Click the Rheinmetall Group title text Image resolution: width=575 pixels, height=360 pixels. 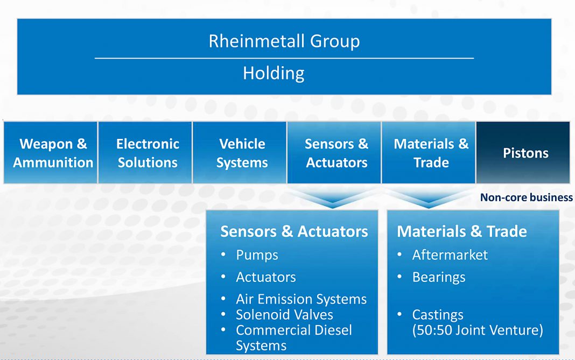(284, 41)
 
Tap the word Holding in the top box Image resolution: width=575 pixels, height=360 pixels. (274, 73)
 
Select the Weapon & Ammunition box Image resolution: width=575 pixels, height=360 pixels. (51, 152)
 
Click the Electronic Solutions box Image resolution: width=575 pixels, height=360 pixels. (145, 152)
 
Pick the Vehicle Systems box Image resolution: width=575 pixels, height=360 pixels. (240, 152)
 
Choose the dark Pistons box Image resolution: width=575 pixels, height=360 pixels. (523, 152)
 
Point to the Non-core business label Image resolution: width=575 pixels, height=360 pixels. (526, 197)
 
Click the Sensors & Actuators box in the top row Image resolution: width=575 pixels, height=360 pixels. (334, 152)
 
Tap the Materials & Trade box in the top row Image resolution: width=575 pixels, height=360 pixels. (429, 152)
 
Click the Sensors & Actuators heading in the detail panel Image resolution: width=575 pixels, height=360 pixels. (294, 231)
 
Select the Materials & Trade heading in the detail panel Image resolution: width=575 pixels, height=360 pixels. (462, 231)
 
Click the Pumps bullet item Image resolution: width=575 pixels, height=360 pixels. (257, 255)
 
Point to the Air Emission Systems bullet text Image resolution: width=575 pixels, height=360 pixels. (301, 299)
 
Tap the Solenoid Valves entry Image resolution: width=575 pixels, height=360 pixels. (285, 315)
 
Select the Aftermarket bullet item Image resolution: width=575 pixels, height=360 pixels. (450, 255)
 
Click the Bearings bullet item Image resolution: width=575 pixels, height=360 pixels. (439, 278)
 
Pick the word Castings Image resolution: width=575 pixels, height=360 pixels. (438, 315)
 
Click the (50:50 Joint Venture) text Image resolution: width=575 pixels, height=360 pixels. (478, 330)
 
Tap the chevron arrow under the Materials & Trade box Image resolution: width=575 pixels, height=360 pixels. (429, 199)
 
